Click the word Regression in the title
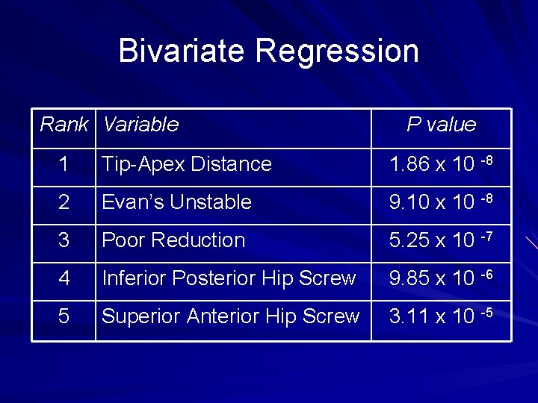(x=336, y=51)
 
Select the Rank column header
(x=64, y=125)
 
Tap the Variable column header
(x=141, y=125)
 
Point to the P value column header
(x=441, y=125)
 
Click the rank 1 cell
(x=64, y=164)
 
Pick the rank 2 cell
(x=64, y=202)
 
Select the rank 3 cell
(x=64, y=240)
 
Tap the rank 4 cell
(x=64, y=278)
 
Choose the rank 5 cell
(x=64, y=316)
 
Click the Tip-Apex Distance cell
(x=187, y=164)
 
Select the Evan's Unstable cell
(x=176, y=202)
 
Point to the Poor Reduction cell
(x=173, y=240)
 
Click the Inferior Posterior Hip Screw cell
(x=229, y=278)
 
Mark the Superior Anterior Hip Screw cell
(x=230, y=316)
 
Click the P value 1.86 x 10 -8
(x=441, y=164)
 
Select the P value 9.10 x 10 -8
(x=441, y=202)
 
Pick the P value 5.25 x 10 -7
(x=441, y=240)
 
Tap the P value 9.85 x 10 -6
(x=441, y=278)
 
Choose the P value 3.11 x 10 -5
(x=441, y=316)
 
